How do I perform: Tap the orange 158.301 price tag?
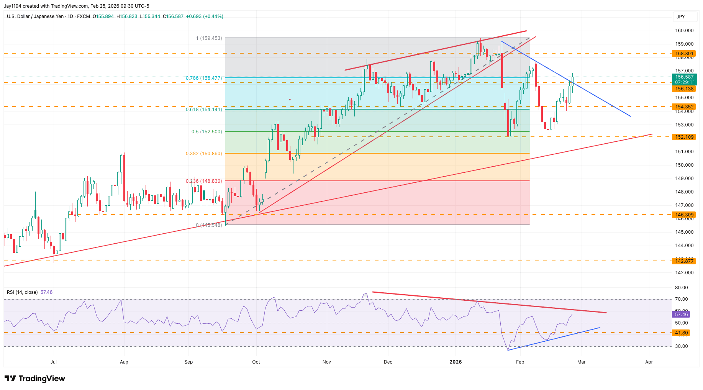point(684,54)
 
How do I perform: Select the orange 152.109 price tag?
point(684,137)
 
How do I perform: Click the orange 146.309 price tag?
point(684,215)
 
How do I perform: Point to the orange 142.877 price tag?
point(684,261)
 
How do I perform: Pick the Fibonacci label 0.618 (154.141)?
point(204,109)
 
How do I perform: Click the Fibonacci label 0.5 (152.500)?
point(206,131)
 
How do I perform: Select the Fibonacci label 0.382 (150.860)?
point(204,153)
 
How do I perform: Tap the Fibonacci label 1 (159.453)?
point(209,38)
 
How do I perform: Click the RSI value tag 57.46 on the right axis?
point(681,314)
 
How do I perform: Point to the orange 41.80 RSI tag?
point(681,333)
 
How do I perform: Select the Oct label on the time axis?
point(256,362)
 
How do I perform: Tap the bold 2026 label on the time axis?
point(456,362)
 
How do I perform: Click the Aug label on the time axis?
point(124,362)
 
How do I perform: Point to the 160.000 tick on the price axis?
point(684,31)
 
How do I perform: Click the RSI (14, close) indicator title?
point(22,292)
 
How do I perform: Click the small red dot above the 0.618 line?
point(290,100)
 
